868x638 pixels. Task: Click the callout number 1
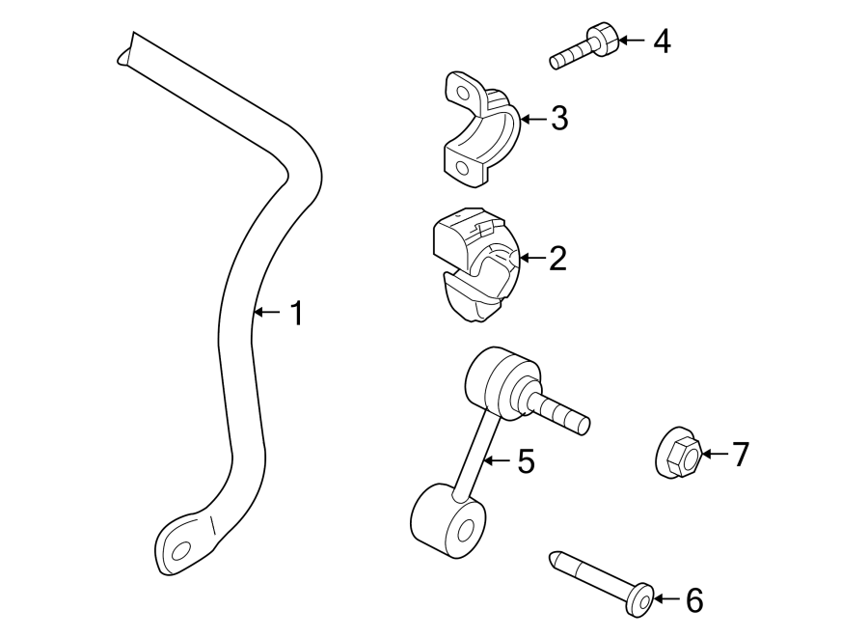pos(297,313)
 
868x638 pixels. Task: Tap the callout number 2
pos(557,259)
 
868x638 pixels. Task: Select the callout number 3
pos(559,120)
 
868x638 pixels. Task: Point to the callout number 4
pos(661,41)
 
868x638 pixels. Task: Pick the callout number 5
pos(526,462)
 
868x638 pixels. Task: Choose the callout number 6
pos(694,600)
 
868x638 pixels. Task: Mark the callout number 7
pos(740,454)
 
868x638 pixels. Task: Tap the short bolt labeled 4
pos(583,47)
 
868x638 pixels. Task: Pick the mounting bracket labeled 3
pos(477,130)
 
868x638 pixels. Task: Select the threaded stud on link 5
pos(561,410)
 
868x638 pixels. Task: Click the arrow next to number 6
pos(666,600)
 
